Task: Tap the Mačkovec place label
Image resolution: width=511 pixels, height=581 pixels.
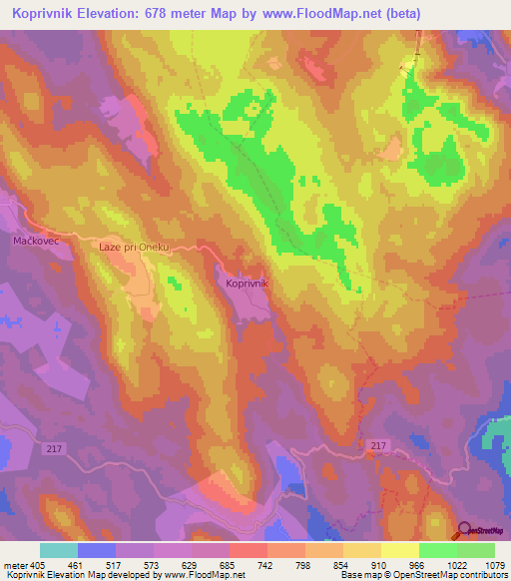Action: tap(39, 241)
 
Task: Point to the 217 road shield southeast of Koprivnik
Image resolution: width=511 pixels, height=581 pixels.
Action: tap(375, 444)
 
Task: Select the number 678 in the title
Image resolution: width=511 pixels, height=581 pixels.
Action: tap(159, 14)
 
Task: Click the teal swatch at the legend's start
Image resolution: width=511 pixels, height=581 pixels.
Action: tap(58, 550)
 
